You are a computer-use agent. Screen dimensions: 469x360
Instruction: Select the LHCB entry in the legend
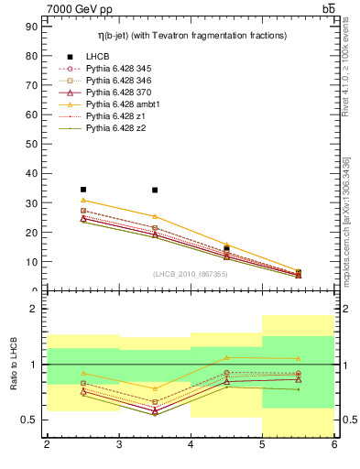click(97, 56)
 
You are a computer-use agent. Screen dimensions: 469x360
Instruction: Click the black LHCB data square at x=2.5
click(83, 190)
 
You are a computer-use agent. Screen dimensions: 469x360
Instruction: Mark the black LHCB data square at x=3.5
click(155, 191)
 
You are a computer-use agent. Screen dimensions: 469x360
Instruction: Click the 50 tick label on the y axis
click(30, 144)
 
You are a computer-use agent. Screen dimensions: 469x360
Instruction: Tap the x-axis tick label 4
click(191, 444)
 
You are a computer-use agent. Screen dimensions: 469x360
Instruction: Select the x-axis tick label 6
click(333, 444)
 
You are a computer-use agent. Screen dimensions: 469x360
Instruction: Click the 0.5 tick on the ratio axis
click(28, 420)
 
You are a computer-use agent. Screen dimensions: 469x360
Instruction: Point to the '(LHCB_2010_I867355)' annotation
click(191, 274)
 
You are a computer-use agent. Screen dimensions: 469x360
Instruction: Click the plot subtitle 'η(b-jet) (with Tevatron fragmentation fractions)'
click(192, 35)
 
